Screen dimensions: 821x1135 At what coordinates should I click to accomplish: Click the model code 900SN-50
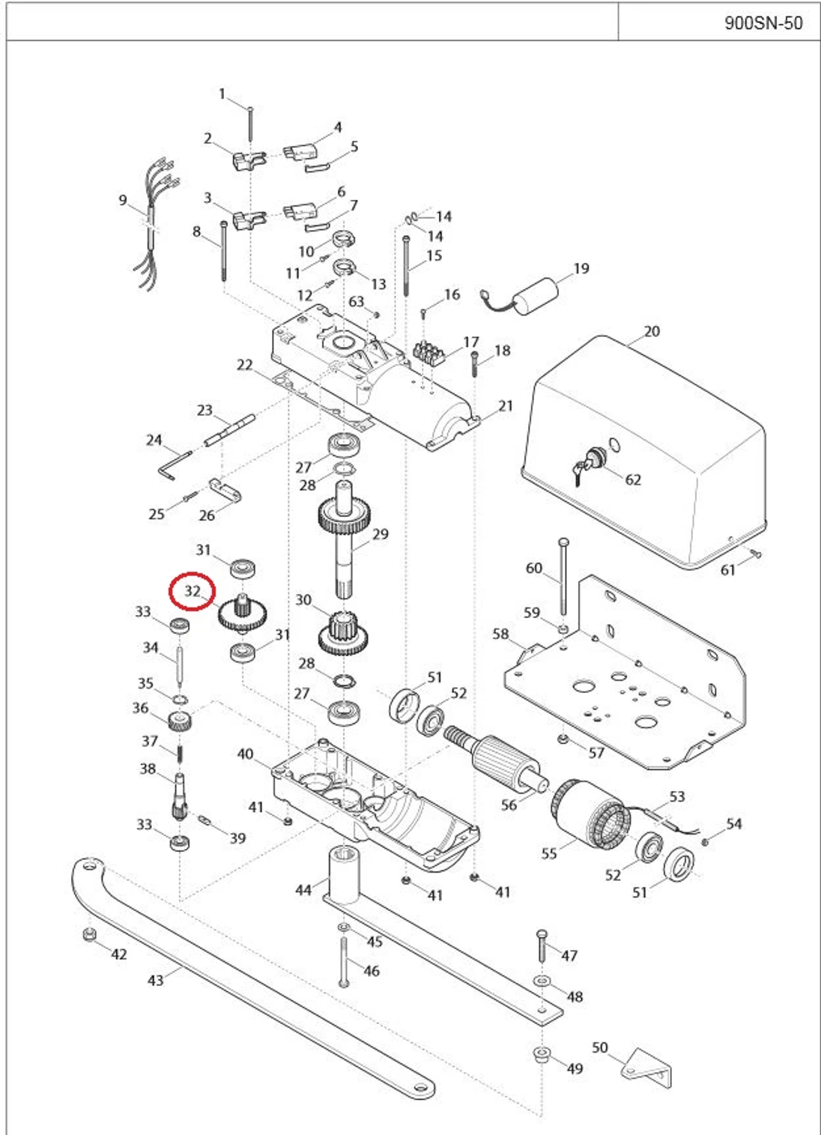(763, 22)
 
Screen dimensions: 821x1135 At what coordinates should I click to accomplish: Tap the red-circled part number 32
(192, 591)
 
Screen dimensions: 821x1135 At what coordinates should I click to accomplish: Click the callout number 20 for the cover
(652, 331)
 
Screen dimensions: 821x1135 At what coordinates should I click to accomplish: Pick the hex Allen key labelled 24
(175, 464)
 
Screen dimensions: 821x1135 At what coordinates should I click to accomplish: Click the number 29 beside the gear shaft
(380, 534)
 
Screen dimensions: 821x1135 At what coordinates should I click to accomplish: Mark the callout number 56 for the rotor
(509, 805)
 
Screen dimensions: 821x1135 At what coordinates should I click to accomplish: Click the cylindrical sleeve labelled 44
(345, 875)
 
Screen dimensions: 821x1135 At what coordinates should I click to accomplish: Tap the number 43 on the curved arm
(156, 981)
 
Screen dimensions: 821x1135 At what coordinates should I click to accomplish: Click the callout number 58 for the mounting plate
(500, 634)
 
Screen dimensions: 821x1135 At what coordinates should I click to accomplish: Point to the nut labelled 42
(90, 935)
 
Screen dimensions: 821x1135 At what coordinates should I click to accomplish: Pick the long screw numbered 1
(250, 124)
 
